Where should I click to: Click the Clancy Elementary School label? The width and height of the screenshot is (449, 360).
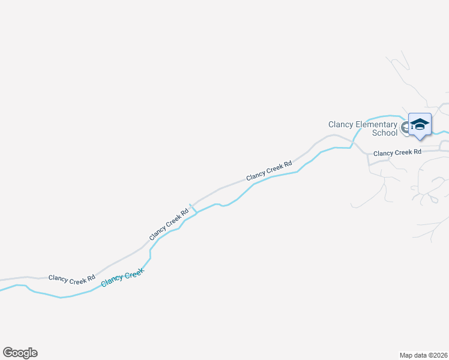(x=363, y=128)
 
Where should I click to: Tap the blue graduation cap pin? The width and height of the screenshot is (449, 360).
(x=420, y=124)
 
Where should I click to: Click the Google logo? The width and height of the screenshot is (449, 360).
(x=20, y=353)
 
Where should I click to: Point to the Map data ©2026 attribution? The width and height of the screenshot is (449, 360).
(x=423, y=355)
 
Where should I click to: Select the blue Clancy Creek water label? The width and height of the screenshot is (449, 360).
(x=123, y=278)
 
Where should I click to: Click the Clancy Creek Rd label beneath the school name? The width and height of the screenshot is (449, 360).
(x=397, y=153)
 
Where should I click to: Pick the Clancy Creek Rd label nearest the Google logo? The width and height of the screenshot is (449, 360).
(x=72, y=278)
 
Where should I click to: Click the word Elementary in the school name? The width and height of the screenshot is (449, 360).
(x=377, y=124)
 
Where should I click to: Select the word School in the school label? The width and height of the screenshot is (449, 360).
(x=385, y=133)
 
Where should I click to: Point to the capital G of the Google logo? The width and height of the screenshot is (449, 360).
(x=8, y=352)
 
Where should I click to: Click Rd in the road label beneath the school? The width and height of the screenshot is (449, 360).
(x=417, y=152)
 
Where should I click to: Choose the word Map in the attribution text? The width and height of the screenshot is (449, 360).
(x=406, y=355)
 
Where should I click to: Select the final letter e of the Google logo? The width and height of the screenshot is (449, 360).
(x=34, y=353)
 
